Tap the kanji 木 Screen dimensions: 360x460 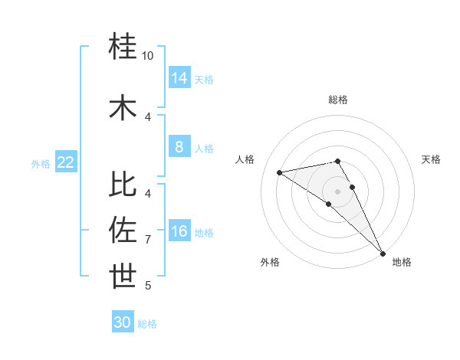point(123,106)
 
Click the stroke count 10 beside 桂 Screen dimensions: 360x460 point(148,56)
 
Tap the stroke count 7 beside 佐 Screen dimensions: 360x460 point(148,240)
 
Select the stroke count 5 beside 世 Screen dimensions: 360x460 point(148,286)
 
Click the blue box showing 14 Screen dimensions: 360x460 point(179,77)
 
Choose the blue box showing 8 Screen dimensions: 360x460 point(179,147)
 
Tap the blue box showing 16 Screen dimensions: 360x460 point(179,231)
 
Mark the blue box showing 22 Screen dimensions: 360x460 point(66,162)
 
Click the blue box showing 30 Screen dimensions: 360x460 point(123,322)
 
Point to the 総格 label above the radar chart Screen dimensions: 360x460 point(338,100)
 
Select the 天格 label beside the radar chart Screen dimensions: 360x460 point(432,159)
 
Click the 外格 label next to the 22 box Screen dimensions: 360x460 point(41,163)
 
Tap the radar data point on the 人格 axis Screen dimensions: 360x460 point(280,172)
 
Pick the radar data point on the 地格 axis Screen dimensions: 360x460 point(383,253)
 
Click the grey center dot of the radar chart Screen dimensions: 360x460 point(337,191)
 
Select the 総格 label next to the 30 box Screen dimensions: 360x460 point(147,324)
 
